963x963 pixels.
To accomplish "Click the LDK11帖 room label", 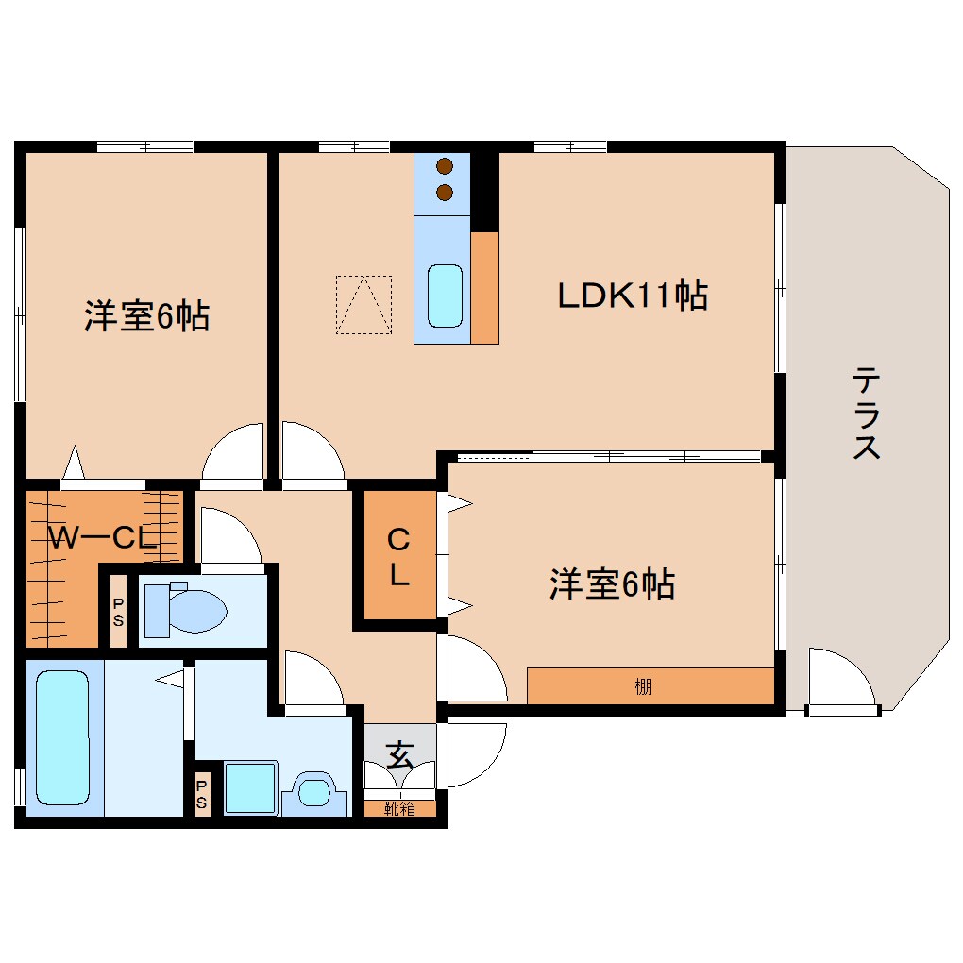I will (x=632, y=296).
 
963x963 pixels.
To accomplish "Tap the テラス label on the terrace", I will (x=866, y=414).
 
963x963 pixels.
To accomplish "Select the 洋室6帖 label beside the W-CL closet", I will (x=146, y=315).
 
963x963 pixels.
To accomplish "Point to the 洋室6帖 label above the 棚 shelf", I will (x=612, y=585).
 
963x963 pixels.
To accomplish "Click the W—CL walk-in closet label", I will (x=101, y=538).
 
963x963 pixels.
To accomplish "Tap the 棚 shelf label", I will (x=643, y=687).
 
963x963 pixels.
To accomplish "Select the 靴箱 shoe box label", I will (x=399, y=808).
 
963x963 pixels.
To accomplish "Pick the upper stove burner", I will (x=445, y=168).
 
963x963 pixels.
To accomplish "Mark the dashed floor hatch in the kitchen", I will (x=363, y=305).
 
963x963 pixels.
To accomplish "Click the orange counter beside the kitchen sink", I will (x=484, y=287).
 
